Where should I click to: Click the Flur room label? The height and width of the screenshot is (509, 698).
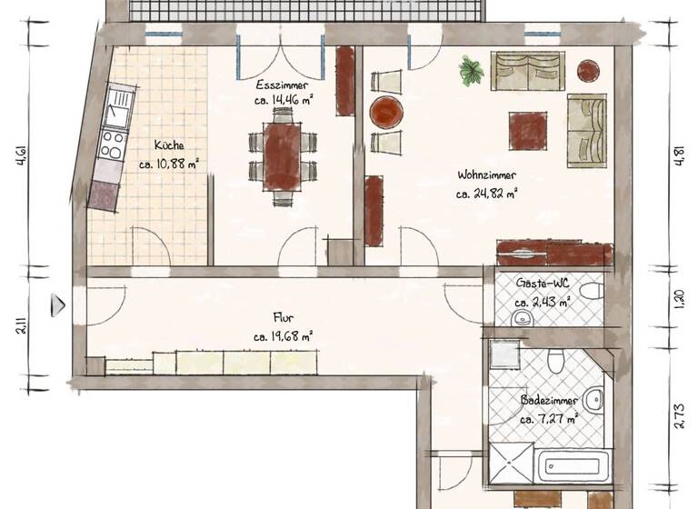283,317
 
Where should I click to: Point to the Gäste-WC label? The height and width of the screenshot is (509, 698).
543,283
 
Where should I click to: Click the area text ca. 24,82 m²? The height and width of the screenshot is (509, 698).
487,193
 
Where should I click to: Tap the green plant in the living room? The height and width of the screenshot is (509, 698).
471,70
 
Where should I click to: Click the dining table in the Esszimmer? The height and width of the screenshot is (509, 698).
283,155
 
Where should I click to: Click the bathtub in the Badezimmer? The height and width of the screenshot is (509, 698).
573,466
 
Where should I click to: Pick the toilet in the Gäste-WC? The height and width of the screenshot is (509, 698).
592,292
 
